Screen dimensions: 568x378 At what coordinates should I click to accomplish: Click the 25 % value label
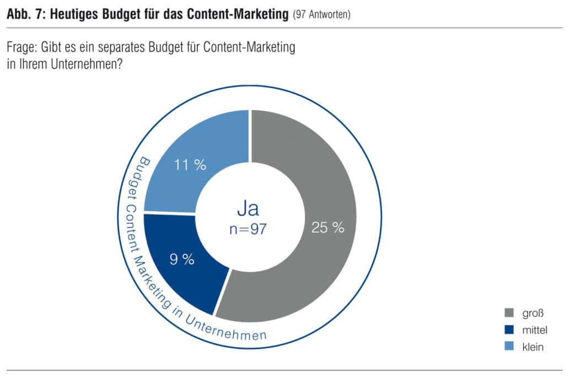click(328, 228)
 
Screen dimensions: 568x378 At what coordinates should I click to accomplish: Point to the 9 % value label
click(182, 259)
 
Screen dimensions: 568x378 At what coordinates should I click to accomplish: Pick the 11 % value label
click(190, 165)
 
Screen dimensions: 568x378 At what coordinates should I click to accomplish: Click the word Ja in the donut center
click(248, 208)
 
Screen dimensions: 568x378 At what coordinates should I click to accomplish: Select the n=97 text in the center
click(248, 229)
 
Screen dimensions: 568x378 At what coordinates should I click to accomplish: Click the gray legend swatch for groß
click(509, 312)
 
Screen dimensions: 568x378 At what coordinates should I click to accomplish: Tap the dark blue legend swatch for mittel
click(509, 330)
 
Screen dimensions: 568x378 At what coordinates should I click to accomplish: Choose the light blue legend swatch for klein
click(509, 347)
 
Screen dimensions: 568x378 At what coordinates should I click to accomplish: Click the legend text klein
click(533, 347)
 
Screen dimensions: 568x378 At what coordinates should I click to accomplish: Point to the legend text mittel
click(535, 330)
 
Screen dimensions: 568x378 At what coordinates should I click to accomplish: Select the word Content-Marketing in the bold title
click(238, 14)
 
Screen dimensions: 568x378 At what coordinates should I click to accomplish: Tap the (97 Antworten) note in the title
click(321, 14)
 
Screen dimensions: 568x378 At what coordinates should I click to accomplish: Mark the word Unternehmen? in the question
click(87, 64)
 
